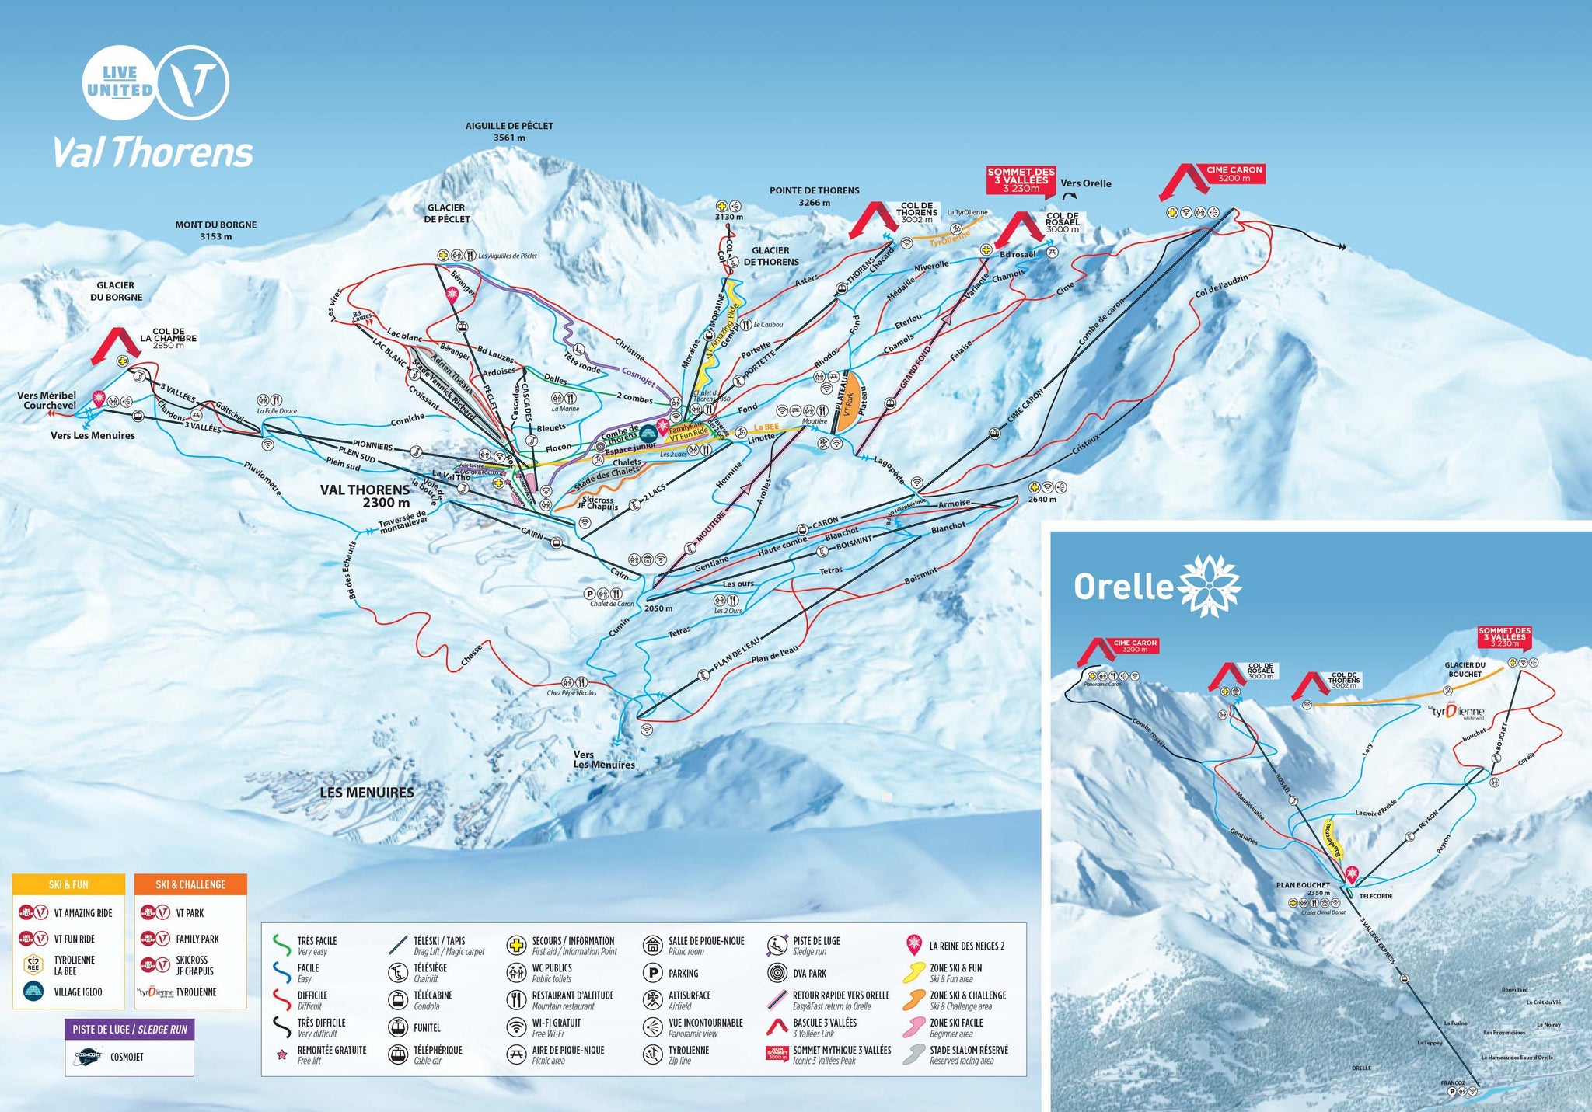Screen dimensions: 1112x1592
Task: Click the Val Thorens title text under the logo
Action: [x=153, y=152]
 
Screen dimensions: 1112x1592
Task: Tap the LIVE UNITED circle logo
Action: [x=119, y=82]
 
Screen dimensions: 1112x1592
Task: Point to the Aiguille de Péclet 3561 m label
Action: [x=509, y=131]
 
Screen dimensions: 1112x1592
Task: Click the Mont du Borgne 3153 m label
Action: [x=215, y=230]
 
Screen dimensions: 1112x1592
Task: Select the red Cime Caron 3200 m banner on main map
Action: [x=1234, y=174]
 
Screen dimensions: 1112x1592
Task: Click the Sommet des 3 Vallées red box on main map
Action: [x=1021, y=180]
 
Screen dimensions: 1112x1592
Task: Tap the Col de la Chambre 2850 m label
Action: [x=169, y=338]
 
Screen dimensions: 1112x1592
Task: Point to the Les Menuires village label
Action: [x=367, y=792]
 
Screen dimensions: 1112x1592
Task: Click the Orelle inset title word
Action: [x=1122, y=587]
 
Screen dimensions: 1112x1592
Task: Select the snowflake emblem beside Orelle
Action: [x=1210, y=585]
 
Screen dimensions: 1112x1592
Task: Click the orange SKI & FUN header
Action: [x=68, y=884]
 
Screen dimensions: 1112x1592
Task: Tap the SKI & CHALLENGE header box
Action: [x=190, y=884]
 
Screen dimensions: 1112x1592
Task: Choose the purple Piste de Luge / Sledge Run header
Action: [x=130, y=1029]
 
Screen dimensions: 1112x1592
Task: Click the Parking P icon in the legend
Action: [x=652, y=973]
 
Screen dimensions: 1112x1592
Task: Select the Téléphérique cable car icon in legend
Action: [x=398, y=1054]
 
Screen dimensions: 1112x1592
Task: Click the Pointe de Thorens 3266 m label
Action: [x=814, y=196]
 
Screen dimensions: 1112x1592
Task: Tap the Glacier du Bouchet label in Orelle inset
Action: [x=1465, y=669]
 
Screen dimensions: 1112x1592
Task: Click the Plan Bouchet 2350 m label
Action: [x=1303, y=888]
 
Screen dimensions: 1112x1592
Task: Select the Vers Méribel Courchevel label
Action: [x=47, y=400]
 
